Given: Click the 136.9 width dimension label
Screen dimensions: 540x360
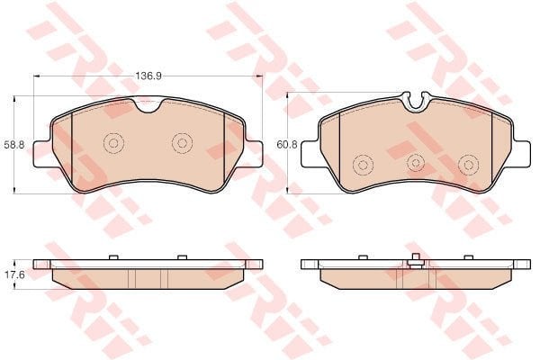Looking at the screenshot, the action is tap(148, 76).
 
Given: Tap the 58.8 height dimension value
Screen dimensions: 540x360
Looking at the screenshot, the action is tap(14, 145).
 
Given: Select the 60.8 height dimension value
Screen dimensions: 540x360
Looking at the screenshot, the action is tap(287, 144).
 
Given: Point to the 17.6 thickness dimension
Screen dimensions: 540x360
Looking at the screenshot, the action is tap(14, 274).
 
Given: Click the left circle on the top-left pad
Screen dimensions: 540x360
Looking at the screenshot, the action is tap(113, 142).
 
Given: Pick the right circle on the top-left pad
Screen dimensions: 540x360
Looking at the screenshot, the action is tap(182, 142).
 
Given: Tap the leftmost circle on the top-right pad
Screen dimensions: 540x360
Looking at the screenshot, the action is tap(363, 165).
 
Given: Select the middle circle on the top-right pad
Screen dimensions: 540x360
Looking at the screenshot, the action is tap(415, 163).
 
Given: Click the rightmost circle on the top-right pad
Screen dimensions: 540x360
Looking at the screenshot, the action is tap(468, 165).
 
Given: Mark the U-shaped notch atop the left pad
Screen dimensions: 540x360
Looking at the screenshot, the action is tap(148, 105).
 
